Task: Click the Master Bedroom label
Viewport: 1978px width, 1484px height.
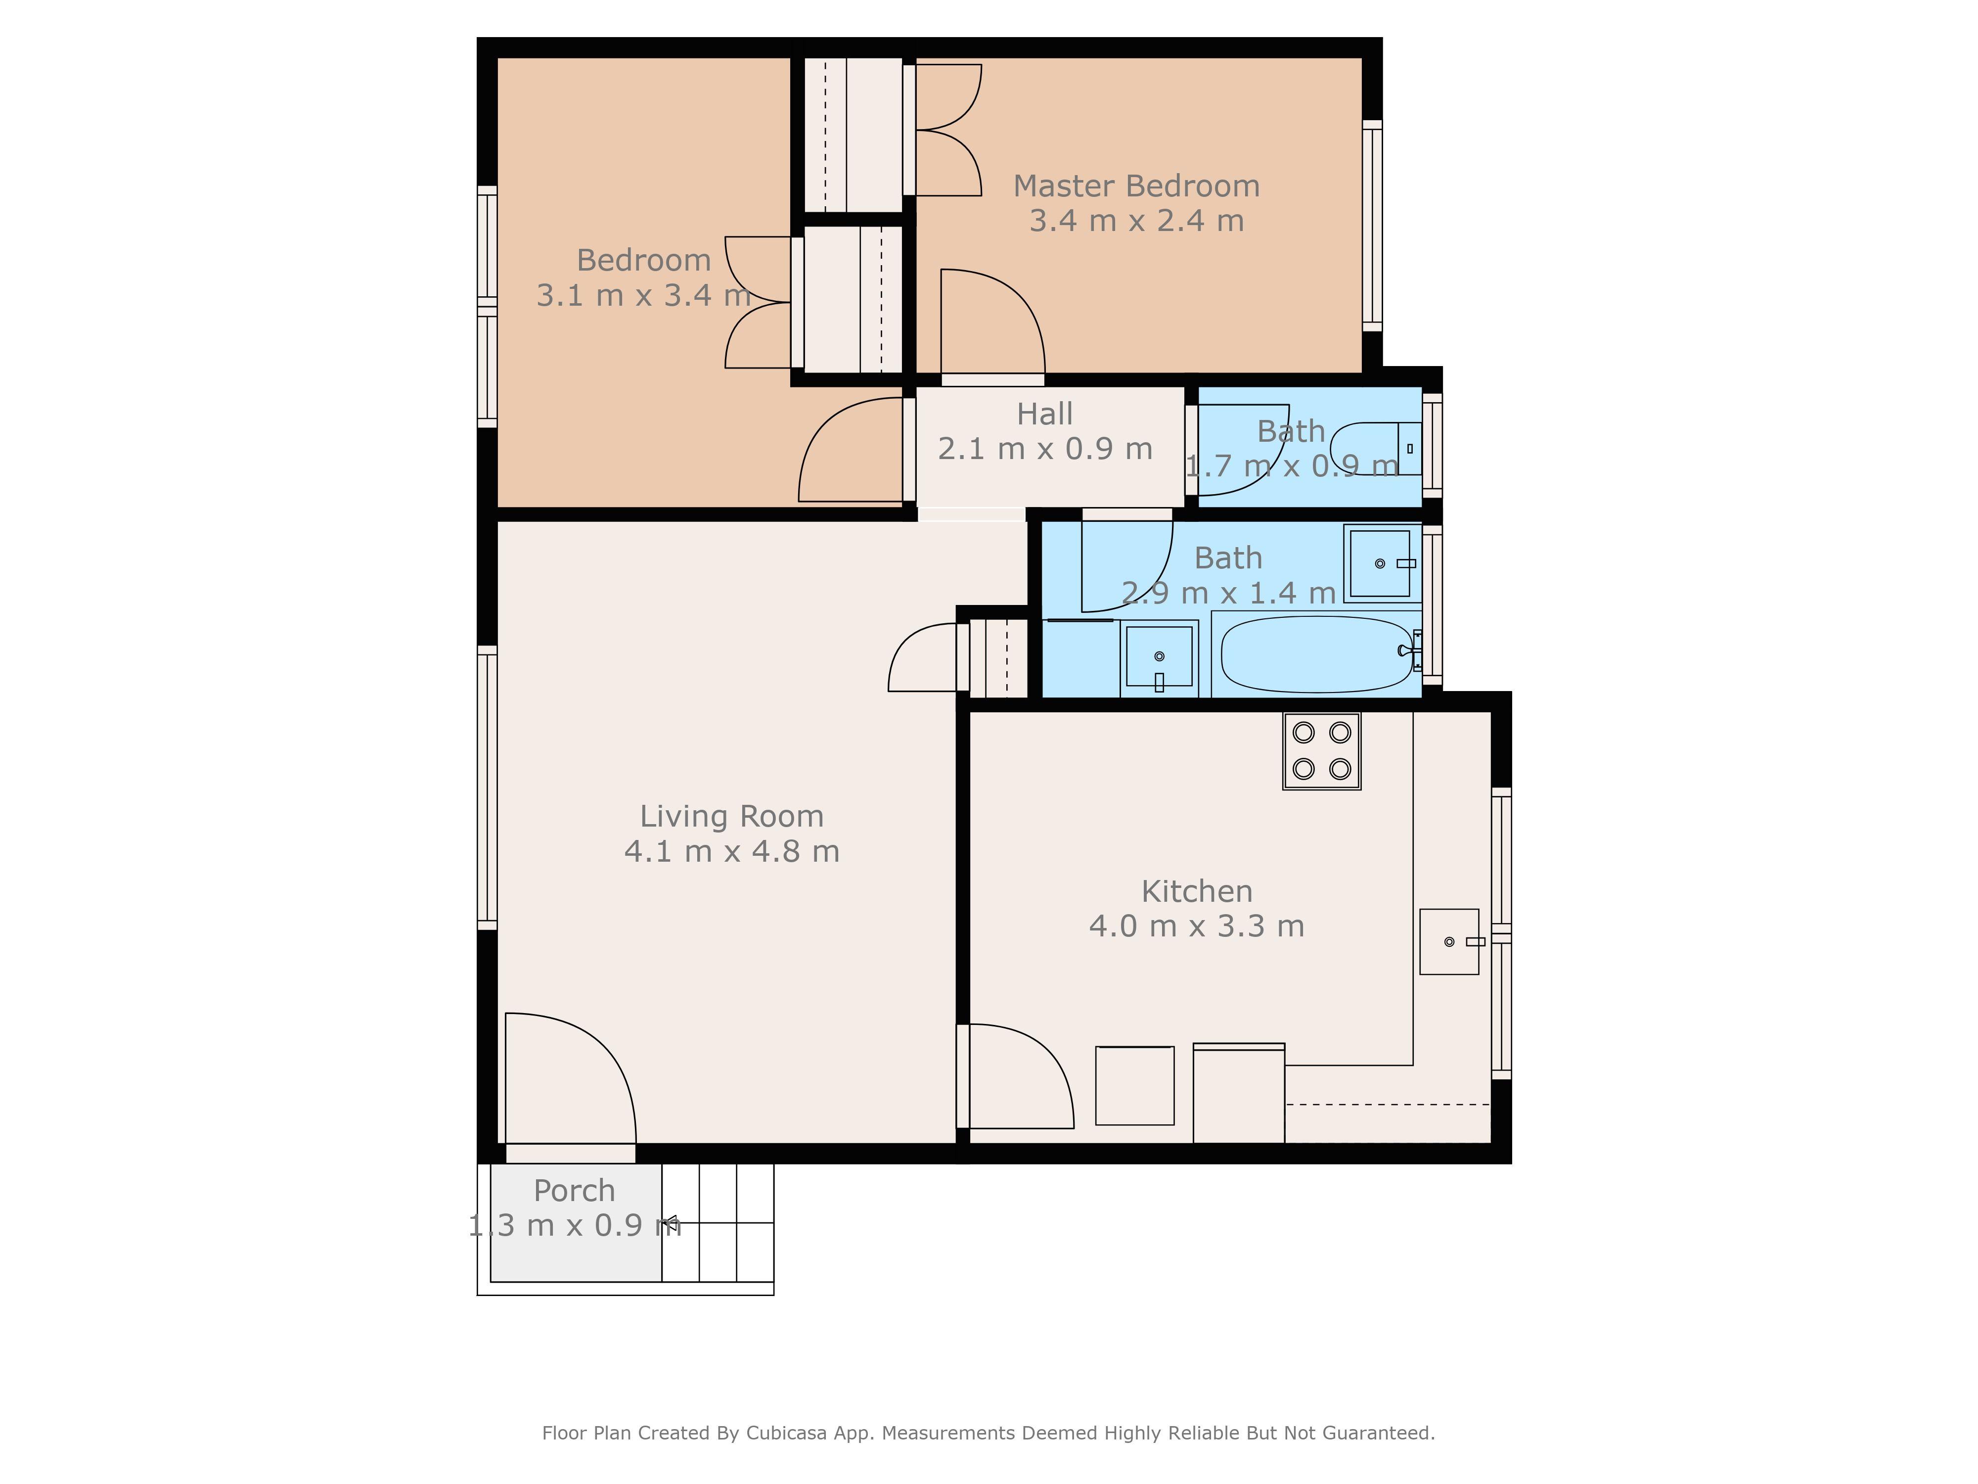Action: coord(1136,186)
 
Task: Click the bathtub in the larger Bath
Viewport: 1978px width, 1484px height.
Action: coord(1316,654)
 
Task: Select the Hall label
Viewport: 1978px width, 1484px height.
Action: coord(1044,414)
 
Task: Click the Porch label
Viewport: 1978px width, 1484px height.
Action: coord(574,1191)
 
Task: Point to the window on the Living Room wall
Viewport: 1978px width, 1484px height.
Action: coord(488,787)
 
